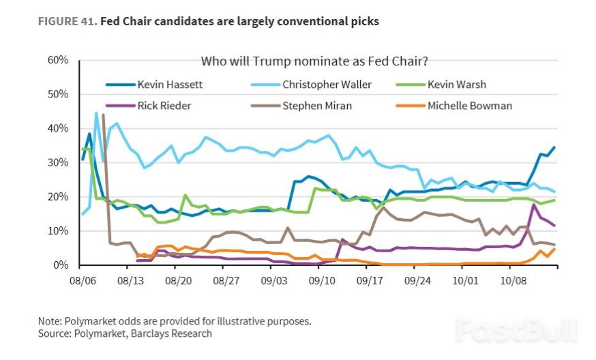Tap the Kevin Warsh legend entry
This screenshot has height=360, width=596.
pos(456,85)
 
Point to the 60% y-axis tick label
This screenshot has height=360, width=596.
pos(58,60)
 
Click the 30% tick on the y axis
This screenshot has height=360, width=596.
pos(58,162)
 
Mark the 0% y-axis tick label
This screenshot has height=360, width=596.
pos(61,265)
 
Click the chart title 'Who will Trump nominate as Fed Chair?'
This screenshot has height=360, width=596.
pos(314,61)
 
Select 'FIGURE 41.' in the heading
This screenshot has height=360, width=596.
pos(68,22)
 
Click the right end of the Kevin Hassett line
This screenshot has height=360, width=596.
pos(554,147)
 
